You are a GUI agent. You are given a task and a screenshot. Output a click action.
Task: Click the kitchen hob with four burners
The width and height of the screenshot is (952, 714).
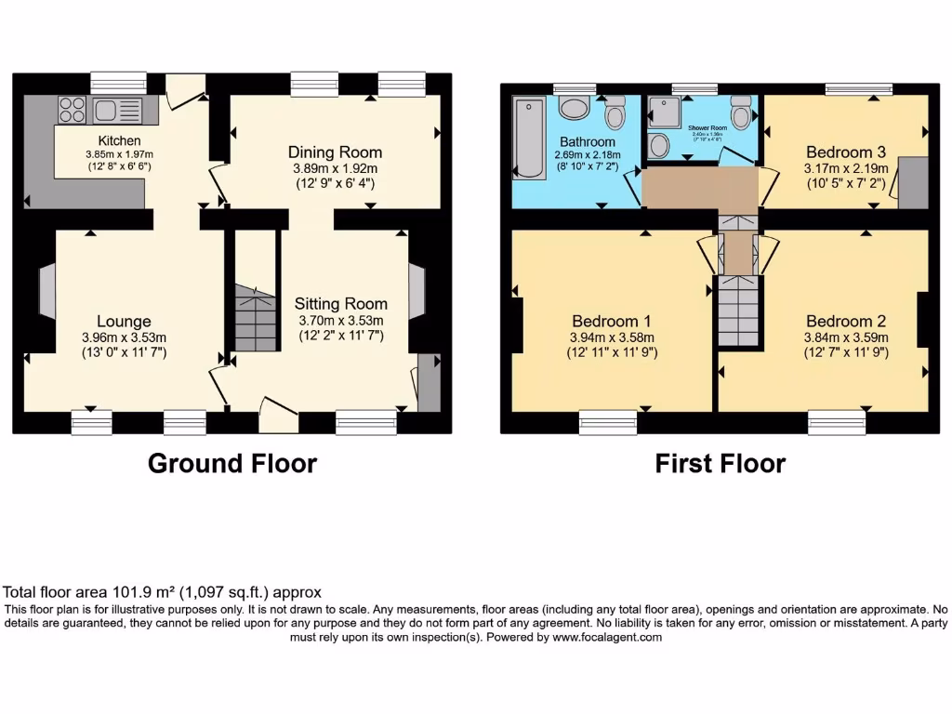pyautogui.click(x=73, y=110)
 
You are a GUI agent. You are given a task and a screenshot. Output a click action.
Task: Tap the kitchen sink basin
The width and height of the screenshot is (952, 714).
pyautogui.click(x=104, y=111)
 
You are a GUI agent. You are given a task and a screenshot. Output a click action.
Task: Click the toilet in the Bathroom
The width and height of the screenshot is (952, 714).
pyautogui.click(x=615, y=115)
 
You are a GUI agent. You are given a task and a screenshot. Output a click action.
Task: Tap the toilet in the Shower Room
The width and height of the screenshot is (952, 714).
pyautogui.click(x=741, y=113)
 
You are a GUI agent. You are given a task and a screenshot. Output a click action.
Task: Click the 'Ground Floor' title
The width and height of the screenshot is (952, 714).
pyautogui.click(x=232, y=463)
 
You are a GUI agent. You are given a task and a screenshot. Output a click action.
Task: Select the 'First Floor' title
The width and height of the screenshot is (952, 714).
pyautogui.click(x=720, y=463)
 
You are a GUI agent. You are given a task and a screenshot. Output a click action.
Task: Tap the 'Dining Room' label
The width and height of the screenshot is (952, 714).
pyautogui.click(x=335, y=152)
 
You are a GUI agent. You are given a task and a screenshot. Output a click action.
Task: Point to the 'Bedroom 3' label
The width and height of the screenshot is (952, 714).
pyautogui.click(x=845, y=152)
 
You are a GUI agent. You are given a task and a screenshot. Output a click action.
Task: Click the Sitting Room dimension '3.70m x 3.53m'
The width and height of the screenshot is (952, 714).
pyautogui.click(x=340, y=320)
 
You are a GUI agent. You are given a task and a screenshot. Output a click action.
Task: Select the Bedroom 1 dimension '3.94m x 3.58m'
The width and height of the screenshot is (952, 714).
pyautogui.click(x=612, y=337)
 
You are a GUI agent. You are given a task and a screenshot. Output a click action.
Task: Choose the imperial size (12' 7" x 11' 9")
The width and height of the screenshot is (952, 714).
pyautogui.click(x=846, y=353)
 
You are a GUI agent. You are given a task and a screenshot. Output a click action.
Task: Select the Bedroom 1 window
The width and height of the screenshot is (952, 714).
pyautogui.click(x=608, y=423)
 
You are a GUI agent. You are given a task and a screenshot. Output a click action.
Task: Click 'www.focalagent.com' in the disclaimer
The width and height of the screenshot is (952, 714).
pyautogui.click(x=607, y=638)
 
